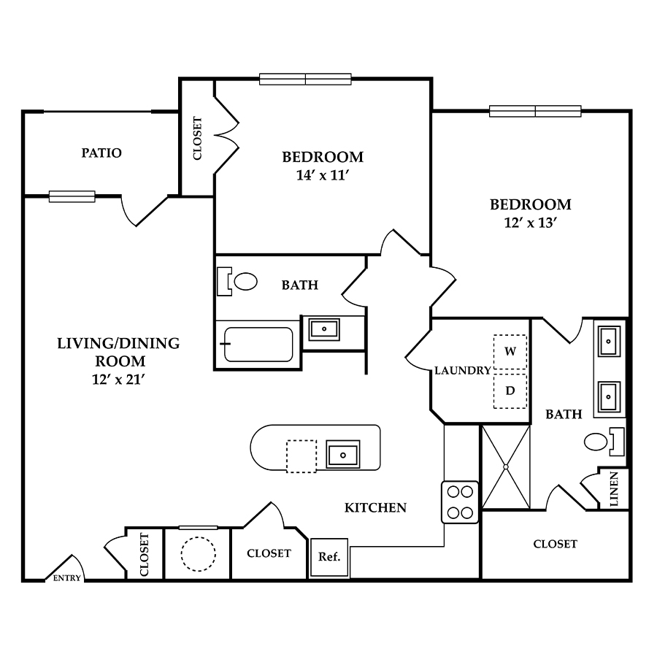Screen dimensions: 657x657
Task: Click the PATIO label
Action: [101, 153]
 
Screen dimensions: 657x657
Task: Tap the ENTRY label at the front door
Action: [67, 578]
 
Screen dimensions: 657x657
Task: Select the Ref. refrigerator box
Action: [329, 557]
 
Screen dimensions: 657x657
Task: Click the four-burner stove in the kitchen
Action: [460, 502]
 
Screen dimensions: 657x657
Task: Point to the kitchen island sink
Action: [343, 454]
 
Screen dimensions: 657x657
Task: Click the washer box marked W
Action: [510, 352]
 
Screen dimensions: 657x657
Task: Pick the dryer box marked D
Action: [510, 391]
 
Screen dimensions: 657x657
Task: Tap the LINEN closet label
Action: [614, 489]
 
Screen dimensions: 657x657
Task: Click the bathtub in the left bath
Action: [258, 345]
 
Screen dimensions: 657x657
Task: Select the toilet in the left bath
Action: [237, 281]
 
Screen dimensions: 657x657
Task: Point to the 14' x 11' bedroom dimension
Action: [323, 175]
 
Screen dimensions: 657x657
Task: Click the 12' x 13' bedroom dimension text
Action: [531, 223]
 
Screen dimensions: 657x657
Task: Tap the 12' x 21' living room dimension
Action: [118, 380]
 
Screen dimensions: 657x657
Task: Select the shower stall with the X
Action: [506, 466]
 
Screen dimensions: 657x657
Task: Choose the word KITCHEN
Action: [375, 508]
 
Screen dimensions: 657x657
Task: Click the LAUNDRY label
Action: [463, 370]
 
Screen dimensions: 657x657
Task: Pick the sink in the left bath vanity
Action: [324, 329]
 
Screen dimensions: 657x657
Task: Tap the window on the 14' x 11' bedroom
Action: [305, 79]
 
